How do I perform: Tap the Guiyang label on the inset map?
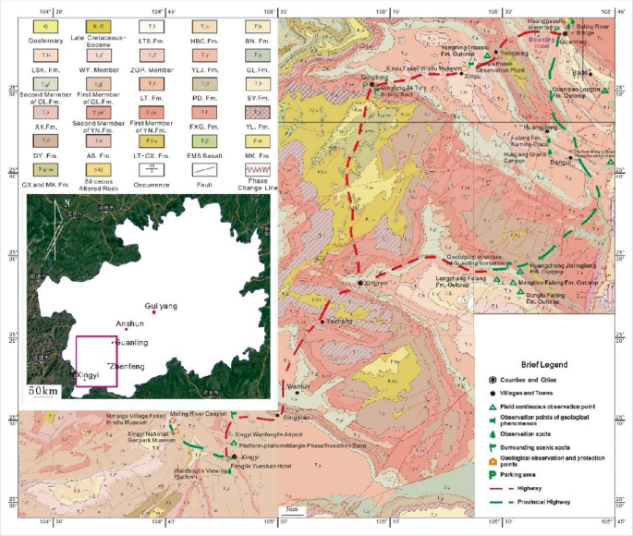[x=160, y=305]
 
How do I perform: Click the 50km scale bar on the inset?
[x=43, y=391]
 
